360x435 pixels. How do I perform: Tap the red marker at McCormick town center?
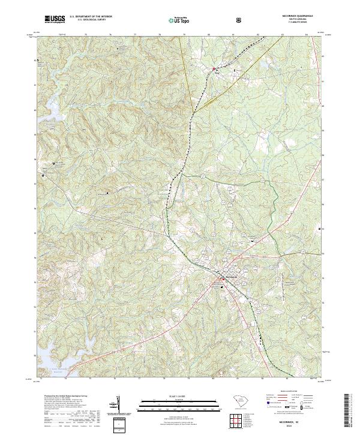(x=222, y=279)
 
